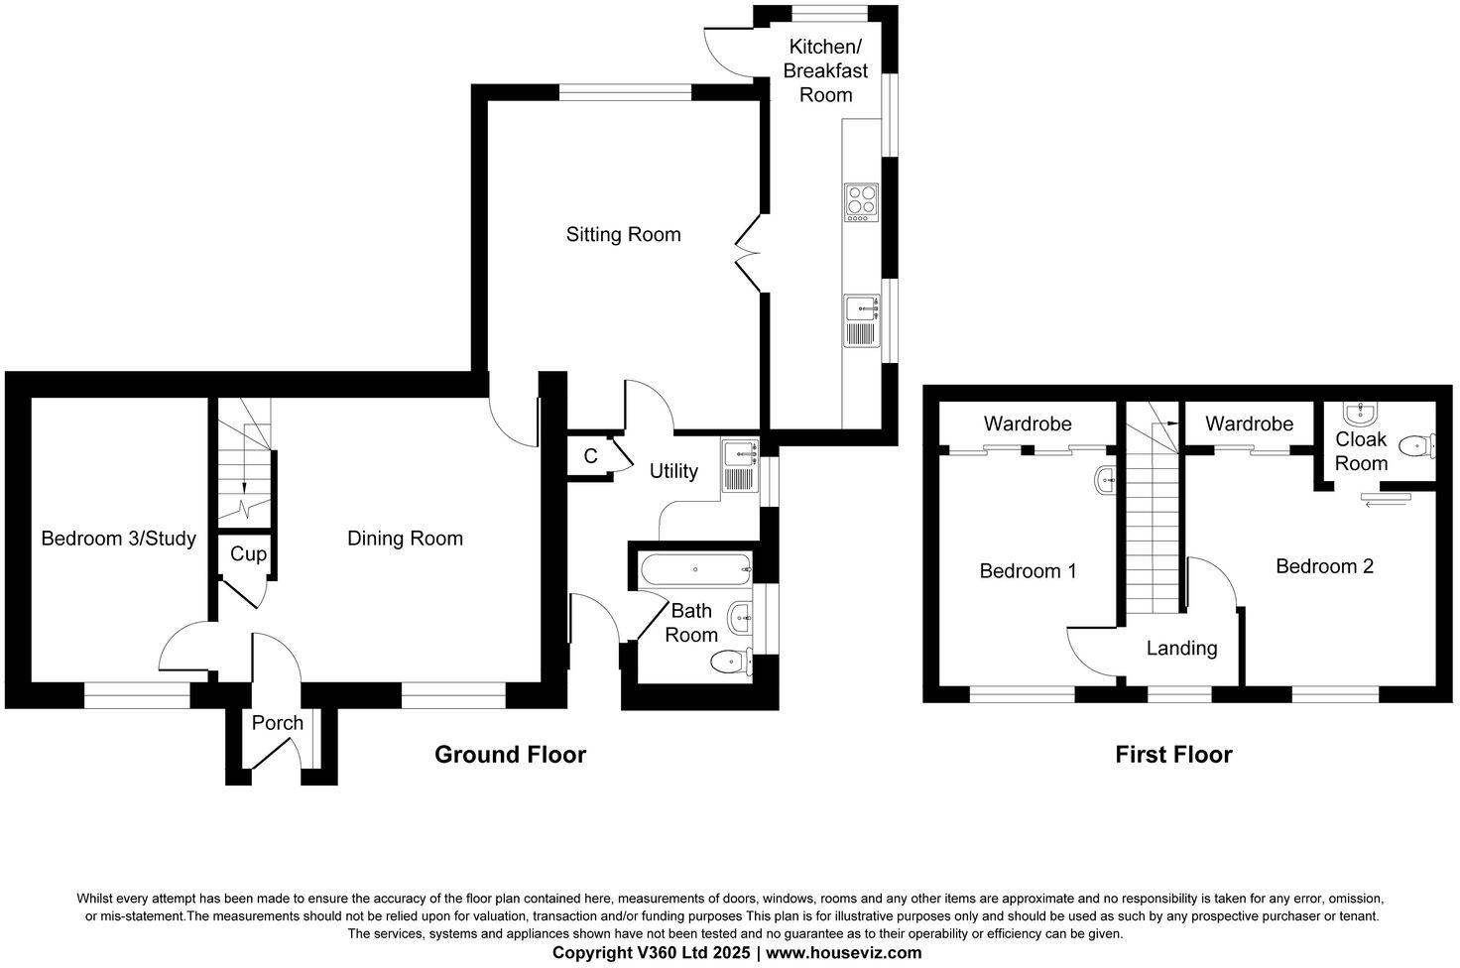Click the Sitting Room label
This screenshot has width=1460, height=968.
[x=623, y=235]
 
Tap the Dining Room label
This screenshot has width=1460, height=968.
[x=405, y=539]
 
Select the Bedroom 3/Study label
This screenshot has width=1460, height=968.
[x=118, y=539]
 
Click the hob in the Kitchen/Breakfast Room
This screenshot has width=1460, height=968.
[x=860, y=202]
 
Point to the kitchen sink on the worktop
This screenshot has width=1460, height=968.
[x=861, y=321]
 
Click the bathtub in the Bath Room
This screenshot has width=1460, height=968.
[x=695, y=569]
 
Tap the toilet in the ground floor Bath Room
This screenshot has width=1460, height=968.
[x=732, y=661]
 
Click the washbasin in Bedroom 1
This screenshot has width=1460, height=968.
[x=1106, y=481]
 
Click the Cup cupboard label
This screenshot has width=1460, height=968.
[x=248, y=553]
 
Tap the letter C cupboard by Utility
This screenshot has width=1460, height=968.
[x=590, y=456]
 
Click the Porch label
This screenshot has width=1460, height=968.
[x=277, y=723]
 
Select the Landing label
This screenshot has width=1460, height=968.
[x=1181, y=649]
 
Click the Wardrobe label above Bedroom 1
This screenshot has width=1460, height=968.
[x=1028, y=424]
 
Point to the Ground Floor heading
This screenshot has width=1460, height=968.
[x=510, y=755]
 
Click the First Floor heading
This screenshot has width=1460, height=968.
[x=1173, y=755]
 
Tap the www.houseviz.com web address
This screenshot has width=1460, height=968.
[x=843, y=953]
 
